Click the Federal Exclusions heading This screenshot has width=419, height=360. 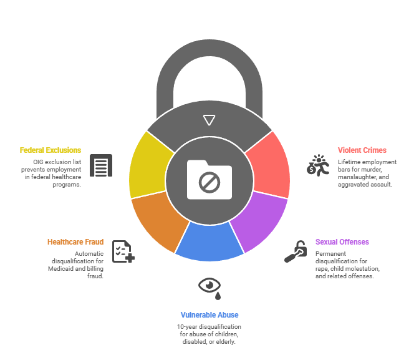tap(51, 150)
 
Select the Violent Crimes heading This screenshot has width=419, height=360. tap(362, 150)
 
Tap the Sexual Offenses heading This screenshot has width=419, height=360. tap(342, 242)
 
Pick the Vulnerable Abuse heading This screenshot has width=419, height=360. tap(209, 315)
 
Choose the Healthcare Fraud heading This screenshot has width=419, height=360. tap(75, 242)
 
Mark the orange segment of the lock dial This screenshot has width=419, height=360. tap(155, 220)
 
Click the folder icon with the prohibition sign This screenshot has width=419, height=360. tap(209, 180)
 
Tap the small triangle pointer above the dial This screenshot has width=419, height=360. tap(209, 120)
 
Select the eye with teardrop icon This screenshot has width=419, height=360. tap(209, 286)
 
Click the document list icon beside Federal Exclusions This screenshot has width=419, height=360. tap(101, 165)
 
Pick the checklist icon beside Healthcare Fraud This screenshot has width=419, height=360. tap(123, 251)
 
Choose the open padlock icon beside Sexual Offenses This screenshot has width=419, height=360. tap(295, 251)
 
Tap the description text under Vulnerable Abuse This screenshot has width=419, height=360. tap(209, 334)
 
